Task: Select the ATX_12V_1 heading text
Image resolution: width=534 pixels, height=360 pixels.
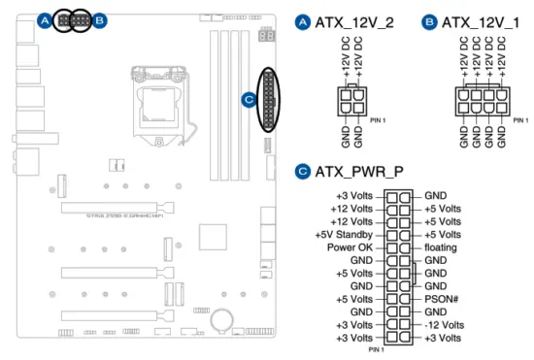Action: (479, 20)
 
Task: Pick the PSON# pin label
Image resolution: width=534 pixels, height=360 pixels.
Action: (442, 300)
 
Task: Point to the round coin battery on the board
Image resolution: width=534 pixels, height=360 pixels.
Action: (225, 317)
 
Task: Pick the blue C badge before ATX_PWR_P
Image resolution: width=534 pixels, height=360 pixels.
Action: (301, 173)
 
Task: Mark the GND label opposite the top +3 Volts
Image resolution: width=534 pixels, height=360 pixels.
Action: (435, 195)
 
